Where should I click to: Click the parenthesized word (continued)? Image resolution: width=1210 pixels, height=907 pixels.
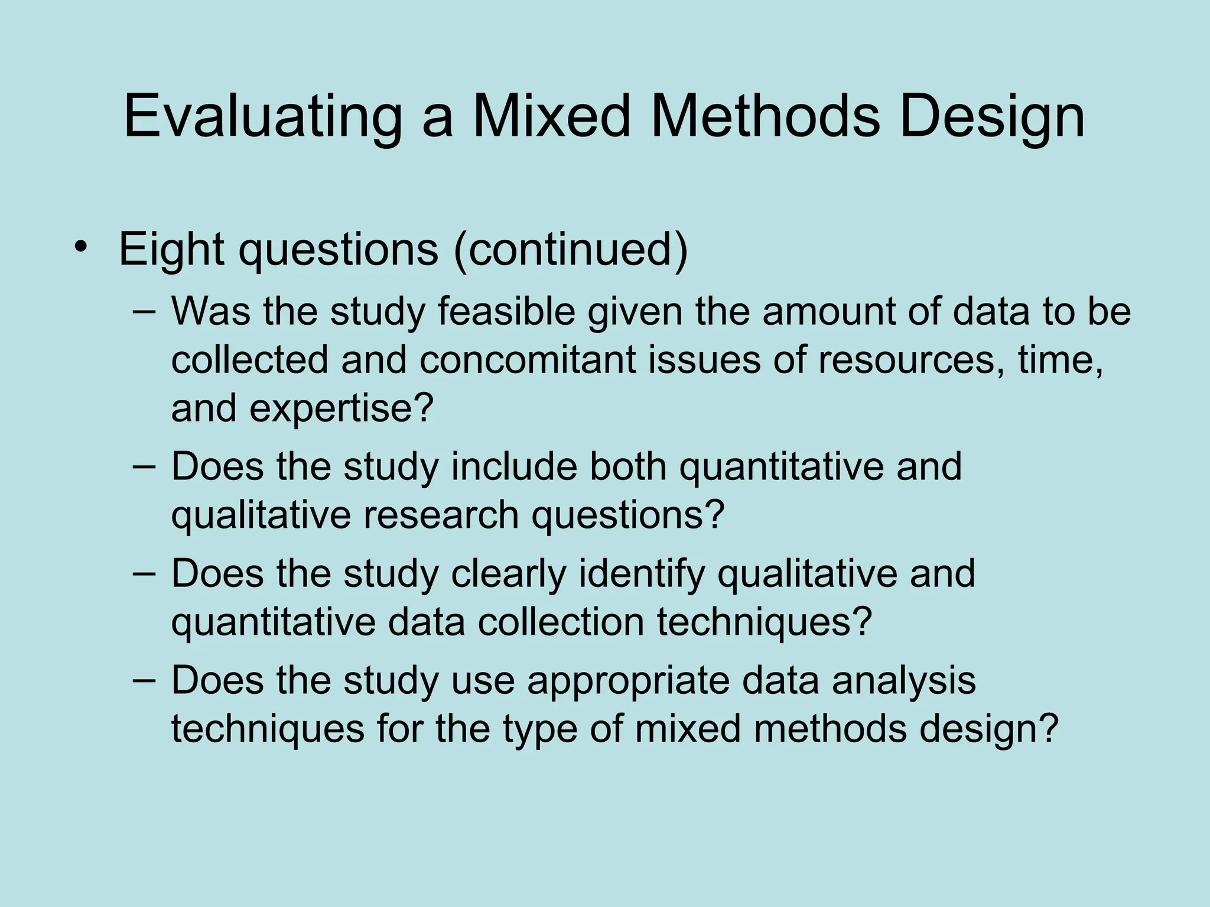[571, 249]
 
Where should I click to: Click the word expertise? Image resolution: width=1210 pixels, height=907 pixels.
[341, 408]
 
